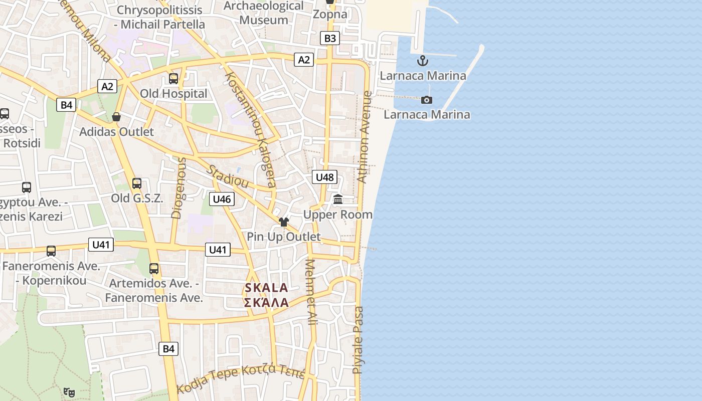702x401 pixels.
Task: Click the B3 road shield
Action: tap(330, 38)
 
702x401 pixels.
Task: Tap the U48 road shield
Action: tap(325, 177)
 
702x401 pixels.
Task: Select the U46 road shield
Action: tap(222, 199)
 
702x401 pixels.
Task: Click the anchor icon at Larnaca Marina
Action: tap(423, 61)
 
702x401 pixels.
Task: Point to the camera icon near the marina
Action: tap(427, 100)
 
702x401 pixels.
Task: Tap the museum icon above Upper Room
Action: tap(338, 199)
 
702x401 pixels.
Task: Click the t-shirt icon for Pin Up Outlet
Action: tap(284, 222)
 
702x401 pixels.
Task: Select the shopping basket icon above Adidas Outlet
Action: tap(116, 117)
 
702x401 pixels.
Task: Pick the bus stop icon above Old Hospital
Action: tap(173, 79)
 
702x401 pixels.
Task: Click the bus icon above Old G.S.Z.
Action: tap(137, 183)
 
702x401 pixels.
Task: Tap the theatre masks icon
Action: tap(69, 392)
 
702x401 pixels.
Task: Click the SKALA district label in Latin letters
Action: tap(266, 288)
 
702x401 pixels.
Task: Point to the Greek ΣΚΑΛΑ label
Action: tap(266, 302)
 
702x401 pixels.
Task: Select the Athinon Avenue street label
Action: tap(365, 136)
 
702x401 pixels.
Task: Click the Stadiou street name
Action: tap(228, 176)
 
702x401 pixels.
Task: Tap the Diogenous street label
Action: tap(179, 188)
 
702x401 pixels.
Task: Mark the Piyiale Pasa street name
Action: tap(358, 340)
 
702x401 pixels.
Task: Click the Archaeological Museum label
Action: tap(264, 13)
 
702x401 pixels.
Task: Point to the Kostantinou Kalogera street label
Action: tap(251, 129)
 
